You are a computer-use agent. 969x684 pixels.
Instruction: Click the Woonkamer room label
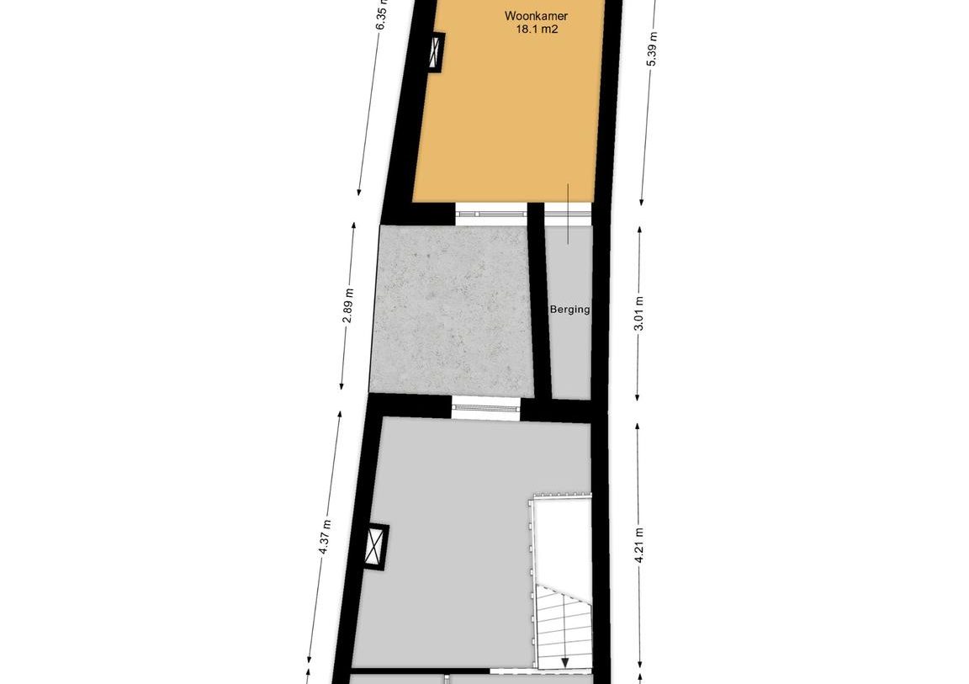coord(536,15)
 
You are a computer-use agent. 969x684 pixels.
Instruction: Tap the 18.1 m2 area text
coord(537,29)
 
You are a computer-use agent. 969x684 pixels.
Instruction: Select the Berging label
coord(569,309)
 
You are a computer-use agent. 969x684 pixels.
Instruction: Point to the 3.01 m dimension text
coord(639,313)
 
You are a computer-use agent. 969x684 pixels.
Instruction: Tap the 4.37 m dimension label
coord(326,538)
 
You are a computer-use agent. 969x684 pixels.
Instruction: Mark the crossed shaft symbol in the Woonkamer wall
coord(437,52)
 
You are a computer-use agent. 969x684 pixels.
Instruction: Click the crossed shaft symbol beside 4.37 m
coord(375,546)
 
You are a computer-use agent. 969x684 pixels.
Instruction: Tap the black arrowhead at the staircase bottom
coord(565,663)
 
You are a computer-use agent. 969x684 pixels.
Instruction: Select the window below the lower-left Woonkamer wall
coord(491,213)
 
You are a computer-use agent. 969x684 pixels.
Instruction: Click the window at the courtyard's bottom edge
coord(485,408)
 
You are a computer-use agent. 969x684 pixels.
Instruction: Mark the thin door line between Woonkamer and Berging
coord(567,213)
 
